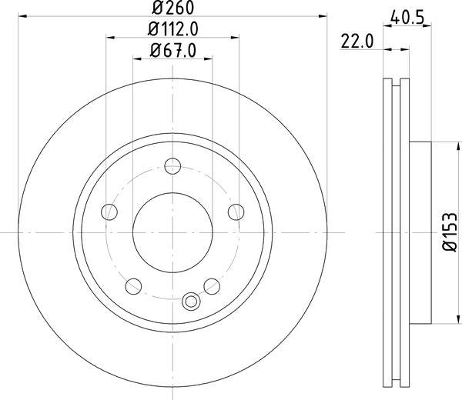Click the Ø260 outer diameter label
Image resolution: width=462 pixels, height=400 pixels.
pyautogui.click(x=172, y=9)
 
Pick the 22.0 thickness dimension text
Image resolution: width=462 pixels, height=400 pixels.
pyautogui.click(x=358, y=44)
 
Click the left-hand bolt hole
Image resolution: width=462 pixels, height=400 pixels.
pyautogui.click(x=110, y=212)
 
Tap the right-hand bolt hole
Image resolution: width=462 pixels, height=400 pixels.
pyautogui.click(x=235, y=212)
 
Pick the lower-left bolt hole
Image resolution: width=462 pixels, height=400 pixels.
pyautogui.click(x=134, y=286)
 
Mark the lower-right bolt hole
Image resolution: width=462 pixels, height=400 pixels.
pyautogui.click(x=211, y=286)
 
